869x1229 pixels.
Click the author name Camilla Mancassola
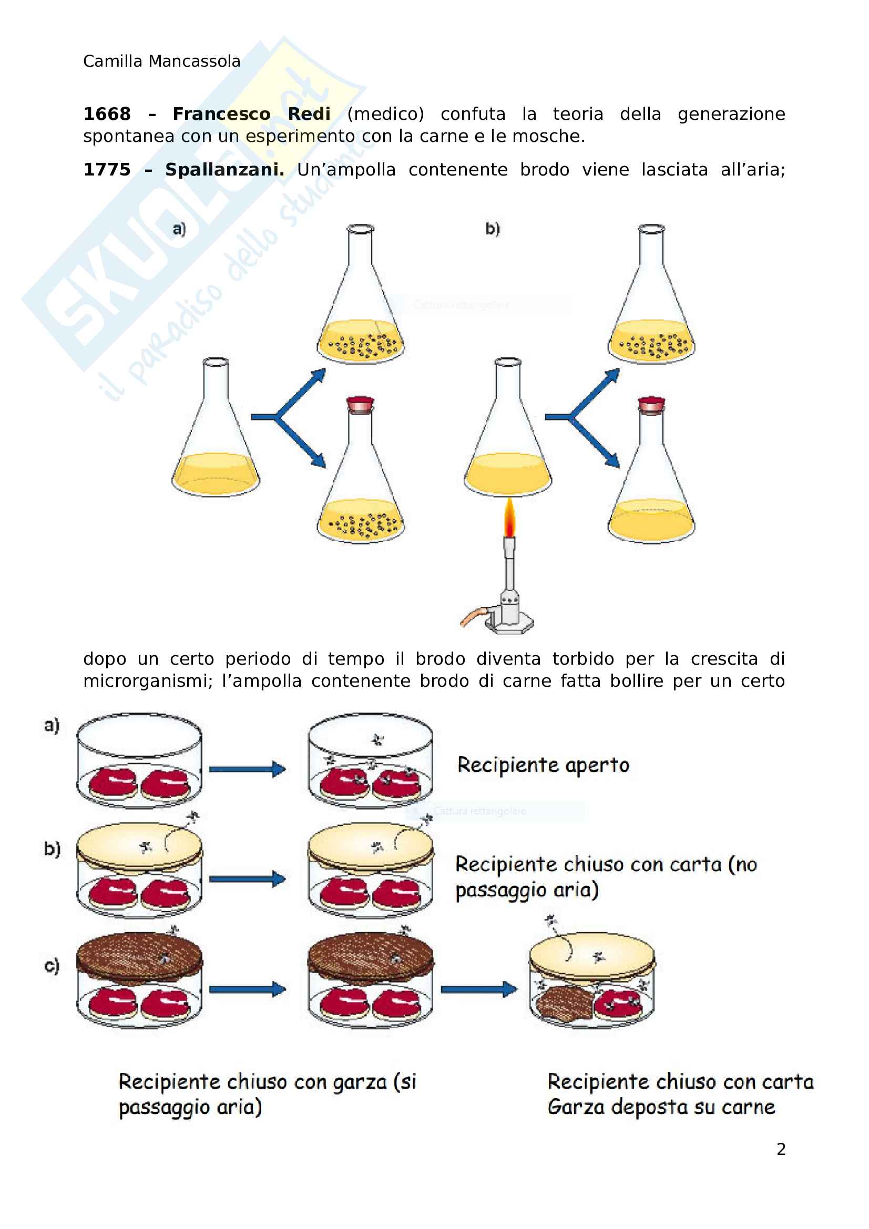pyautogui.click(x=161, y=61)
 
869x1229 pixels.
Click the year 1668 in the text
pyautogui.click(x=107, y=114)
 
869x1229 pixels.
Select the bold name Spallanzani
pyautogui.click(x=224, y=170)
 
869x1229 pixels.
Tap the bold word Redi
pyautogui.click(x=309, y=114)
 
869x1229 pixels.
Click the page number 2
pyautogui.click(x=781, y=1149)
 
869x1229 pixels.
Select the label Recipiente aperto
pyautogui.click(x=543, y=765)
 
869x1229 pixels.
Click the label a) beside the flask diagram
pyautogui.click(x=179, y=229)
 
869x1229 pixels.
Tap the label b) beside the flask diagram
pyautogui.click(x=493, y=229)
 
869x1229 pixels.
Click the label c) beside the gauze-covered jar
pyautogui.click(x=52, y=966)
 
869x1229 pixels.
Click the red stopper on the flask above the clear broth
pyautogui.click(x=651, y=405)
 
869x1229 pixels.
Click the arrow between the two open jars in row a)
pyautogui.click(x=247, y=769)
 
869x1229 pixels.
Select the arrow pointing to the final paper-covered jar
pyautogui.click(x=479, y=989)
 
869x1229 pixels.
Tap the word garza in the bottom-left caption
pyautogui.click(x=359, y=1082)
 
